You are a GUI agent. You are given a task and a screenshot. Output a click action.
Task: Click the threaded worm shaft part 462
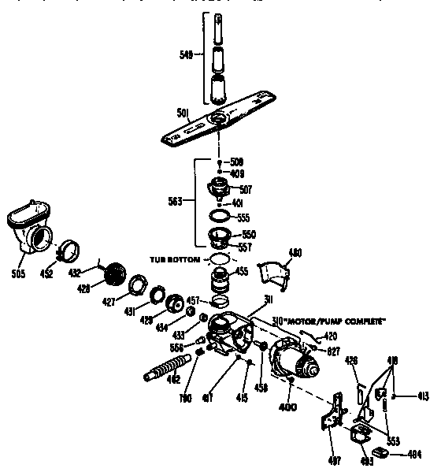(x=172, y=370)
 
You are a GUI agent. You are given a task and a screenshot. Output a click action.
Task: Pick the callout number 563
(x=175, y=200)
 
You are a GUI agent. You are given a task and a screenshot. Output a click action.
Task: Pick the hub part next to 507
(x=220, y=188)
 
